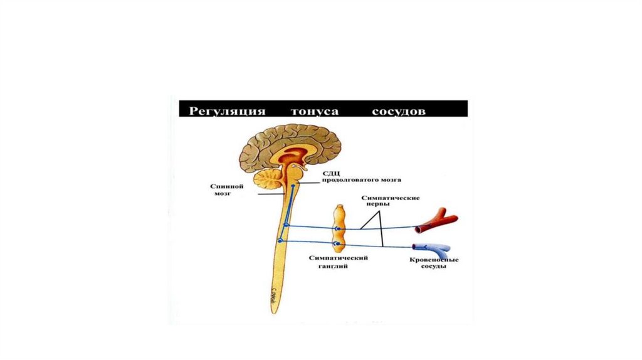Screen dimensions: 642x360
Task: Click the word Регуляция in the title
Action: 223,111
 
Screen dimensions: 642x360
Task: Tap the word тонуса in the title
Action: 315,111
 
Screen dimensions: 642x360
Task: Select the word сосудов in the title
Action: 399,111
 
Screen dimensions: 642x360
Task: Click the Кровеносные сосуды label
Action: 433,262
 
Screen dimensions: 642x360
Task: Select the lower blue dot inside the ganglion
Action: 337,243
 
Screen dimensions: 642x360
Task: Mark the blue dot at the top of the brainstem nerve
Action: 292,186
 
